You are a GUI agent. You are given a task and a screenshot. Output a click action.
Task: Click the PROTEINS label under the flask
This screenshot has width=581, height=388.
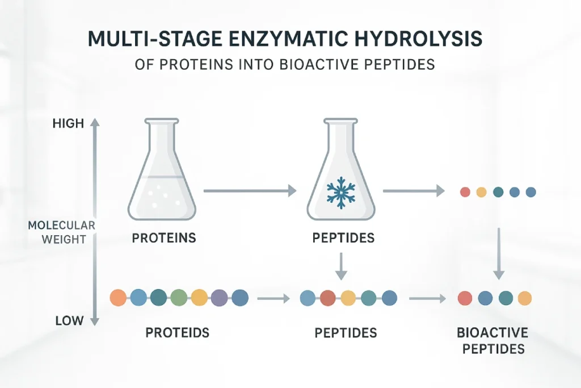click(164, 238)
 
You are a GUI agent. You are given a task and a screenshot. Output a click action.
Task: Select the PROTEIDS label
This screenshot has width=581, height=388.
click(177, 332)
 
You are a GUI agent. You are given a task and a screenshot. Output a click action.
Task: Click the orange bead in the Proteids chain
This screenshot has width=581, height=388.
click(118, 297)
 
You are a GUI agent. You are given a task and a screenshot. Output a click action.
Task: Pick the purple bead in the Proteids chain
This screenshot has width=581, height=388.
click(220, 297)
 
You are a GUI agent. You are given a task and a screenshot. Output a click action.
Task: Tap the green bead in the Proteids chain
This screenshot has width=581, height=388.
click(179, 297)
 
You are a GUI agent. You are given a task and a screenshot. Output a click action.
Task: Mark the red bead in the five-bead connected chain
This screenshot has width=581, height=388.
click(327, 297)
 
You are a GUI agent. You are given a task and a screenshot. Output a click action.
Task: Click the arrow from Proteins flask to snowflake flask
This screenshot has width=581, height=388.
click(250, 191)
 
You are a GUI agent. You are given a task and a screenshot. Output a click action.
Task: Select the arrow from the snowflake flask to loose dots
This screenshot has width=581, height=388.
click(413, 191)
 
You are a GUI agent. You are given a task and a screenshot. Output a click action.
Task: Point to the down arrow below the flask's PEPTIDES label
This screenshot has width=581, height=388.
click(340, 266)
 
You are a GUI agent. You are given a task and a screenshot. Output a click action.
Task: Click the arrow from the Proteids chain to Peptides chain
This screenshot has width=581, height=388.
click(273, 297)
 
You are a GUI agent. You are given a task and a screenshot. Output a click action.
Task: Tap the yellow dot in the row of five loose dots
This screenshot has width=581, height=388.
click(481, 192)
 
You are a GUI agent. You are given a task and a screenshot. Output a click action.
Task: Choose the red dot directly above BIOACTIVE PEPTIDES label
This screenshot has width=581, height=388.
click(465, 297)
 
